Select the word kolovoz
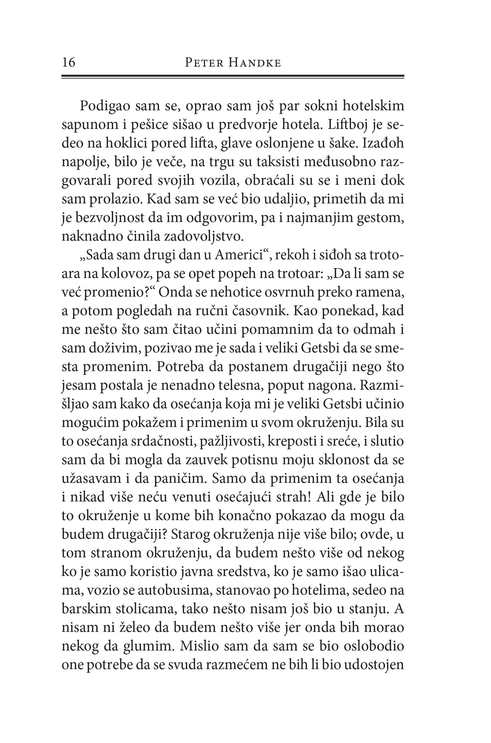129,274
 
